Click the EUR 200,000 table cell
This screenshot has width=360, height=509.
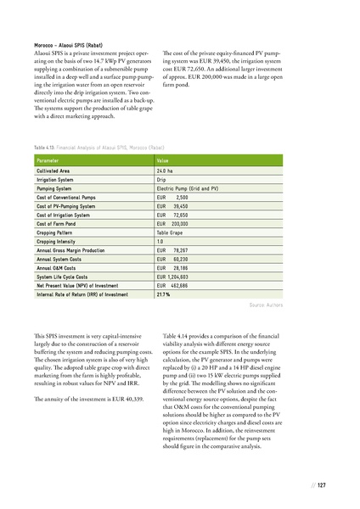click(x=172, y=221)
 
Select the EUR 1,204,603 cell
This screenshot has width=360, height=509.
click(x=177, y=277)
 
